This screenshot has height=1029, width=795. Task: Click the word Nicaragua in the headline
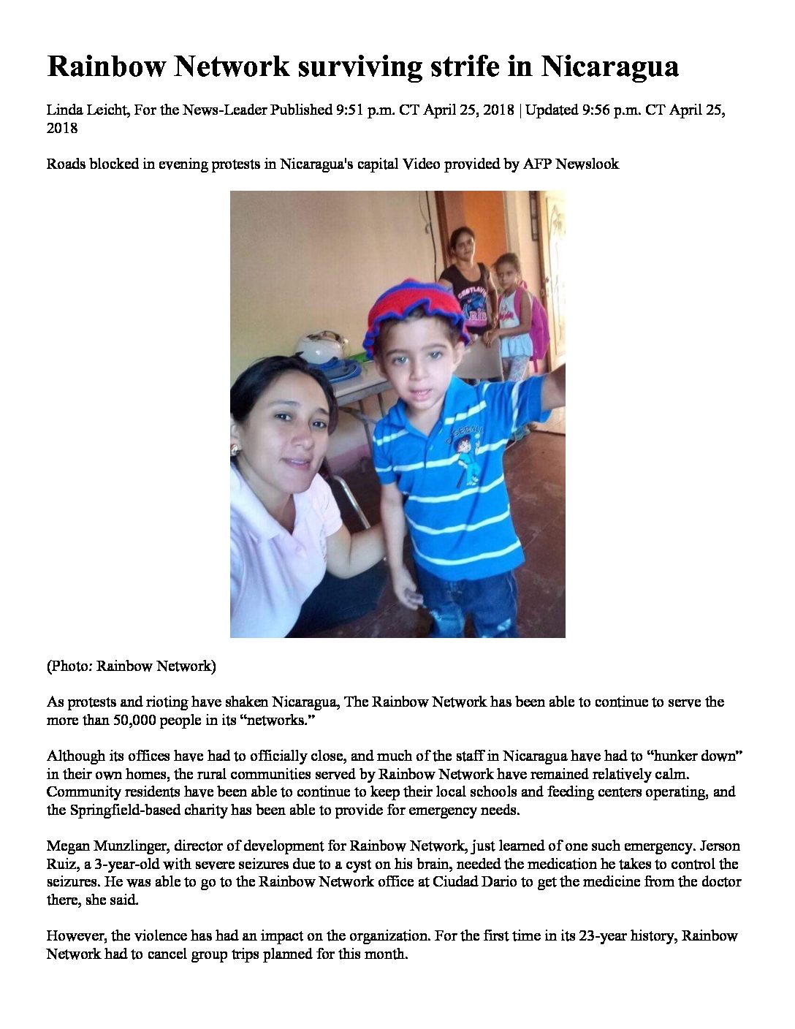[610, 67]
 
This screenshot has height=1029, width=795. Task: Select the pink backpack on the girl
[537, 322]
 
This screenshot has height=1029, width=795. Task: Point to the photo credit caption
[132, 666]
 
